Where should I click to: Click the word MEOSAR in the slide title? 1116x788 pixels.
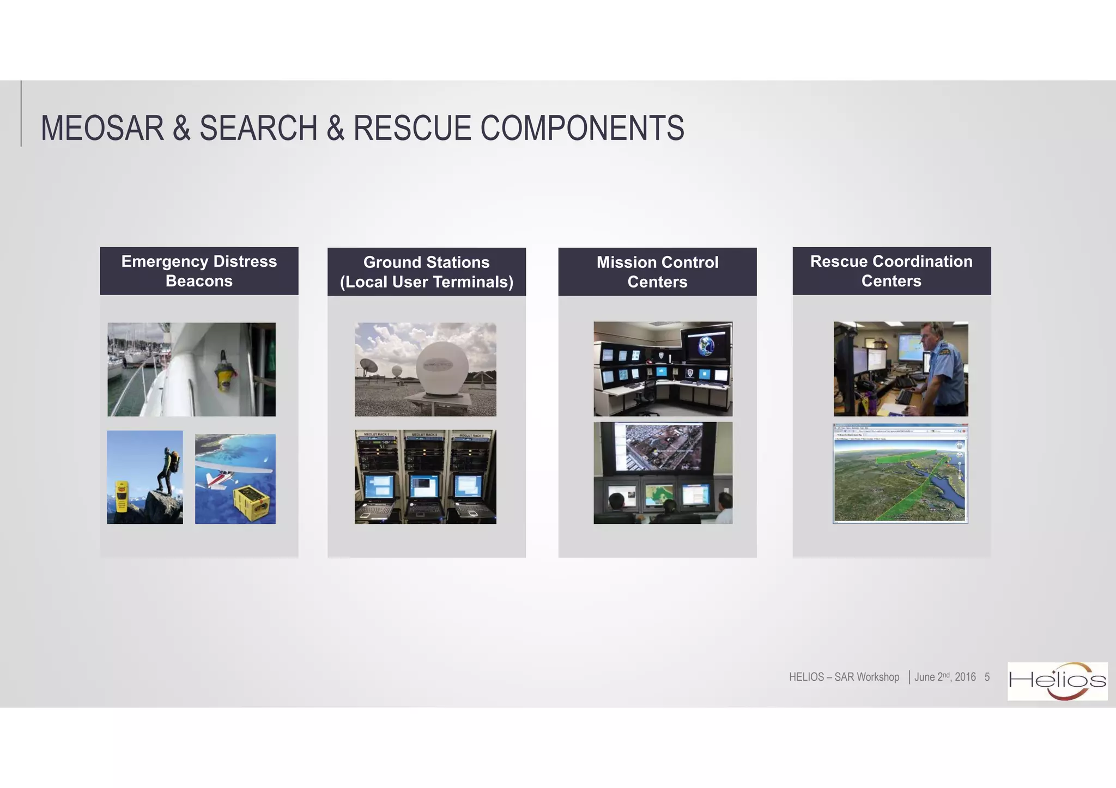click(x=102, y=129)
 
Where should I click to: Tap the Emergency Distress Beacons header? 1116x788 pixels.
click(x=199, y=271)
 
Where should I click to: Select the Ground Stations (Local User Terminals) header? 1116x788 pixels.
click(x=426, y=272)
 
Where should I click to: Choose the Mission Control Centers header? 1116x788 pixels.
click(x=657, y=272)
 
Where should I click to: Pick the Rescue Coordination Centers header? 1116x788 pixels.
click(x=891, y=271)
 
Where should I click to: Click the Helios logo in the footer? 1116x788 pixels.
click(x=1057, y=681)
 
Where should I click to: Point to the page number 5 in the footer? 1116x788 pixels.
click(x=987, y=677)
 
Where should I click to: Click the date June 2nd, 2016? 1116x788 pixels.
click(x=944, y=677)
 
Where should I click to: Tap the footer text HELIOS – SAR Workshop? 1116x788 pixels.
click(x=844, y=677)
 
